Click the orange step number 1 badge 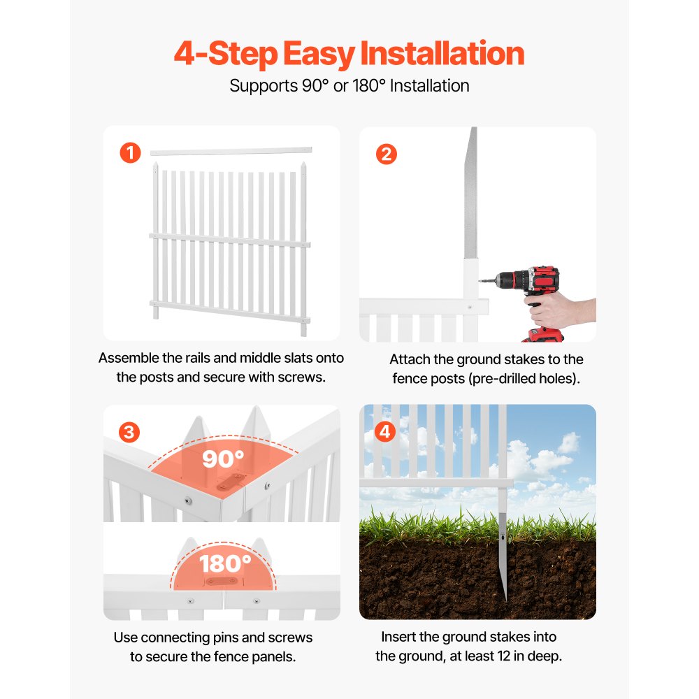coord(130,153)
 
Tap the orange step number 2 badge coord(386,154)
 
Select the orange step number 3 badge coord(129,432)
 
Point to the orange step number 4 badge coord(384,431)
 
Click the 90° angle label coord(223,459)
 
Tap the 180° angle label coord(225,564)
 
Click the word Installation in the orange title coord(442,54)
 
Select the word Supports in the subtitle coord(264,86)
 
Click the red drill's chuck coord(496,280)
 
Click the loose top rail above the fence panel coord(231,151)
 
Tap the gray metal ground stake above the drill coord(470,193)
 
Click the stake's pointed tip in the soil coord(505,600)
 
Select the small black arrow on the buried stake coord(503,538)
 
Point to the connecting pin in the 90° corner coord(231,482)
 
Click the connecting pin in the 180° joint coord(222,581)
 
